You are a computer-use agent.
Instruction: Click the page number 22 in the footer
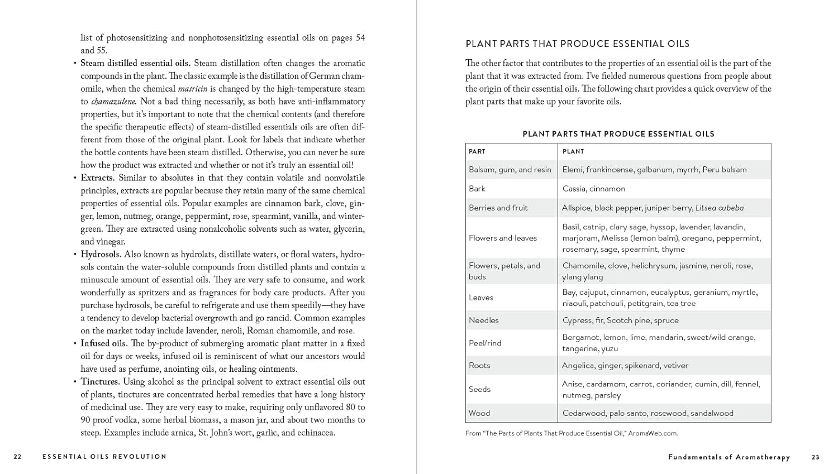click(x=18, y=457)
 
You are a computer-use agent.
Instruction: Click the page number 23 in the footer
click(x=816, y=457)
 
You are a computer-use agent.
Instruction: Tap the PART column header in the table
click(x=477, y=151)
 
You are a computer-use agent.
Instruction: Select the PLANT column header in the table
click(x=573, y=151)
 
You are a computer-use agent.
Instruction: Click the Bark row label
click(x=477, y=189)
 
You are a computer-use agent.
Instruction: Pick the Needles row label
click(x=484, y=320)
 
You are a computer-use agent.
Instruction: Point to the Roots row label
click(x=479, y=366)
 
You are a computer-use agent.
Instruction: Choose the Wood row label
click(x=479, y=413)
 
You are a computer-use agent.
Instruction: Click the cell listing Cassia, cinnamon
click(x=594, y=189)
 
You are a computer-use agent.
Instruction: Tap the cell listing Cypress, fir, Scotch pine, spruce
click(x=621, y=320)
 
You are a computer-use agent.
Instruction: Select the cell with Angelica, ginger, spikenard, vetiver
click(x=625, y=366)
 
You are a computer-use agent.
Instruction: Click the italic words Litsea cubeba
click(x=720, y=208)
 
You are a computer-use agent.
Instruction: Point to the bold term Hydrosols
click(x=101, y=255)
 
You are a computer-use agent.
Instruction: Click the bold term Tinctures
click(x=100, y=382)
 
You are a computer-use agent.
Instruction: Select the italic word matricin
click(x=193, y=89)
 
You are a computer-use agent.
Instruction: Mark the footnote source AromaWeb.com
click(x=653, y=433)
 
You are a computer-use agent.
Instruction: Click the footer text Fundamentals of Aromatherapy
click(x=729, y=457)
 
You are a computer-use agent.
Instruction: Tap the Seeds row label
click(x=479, y=390)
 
